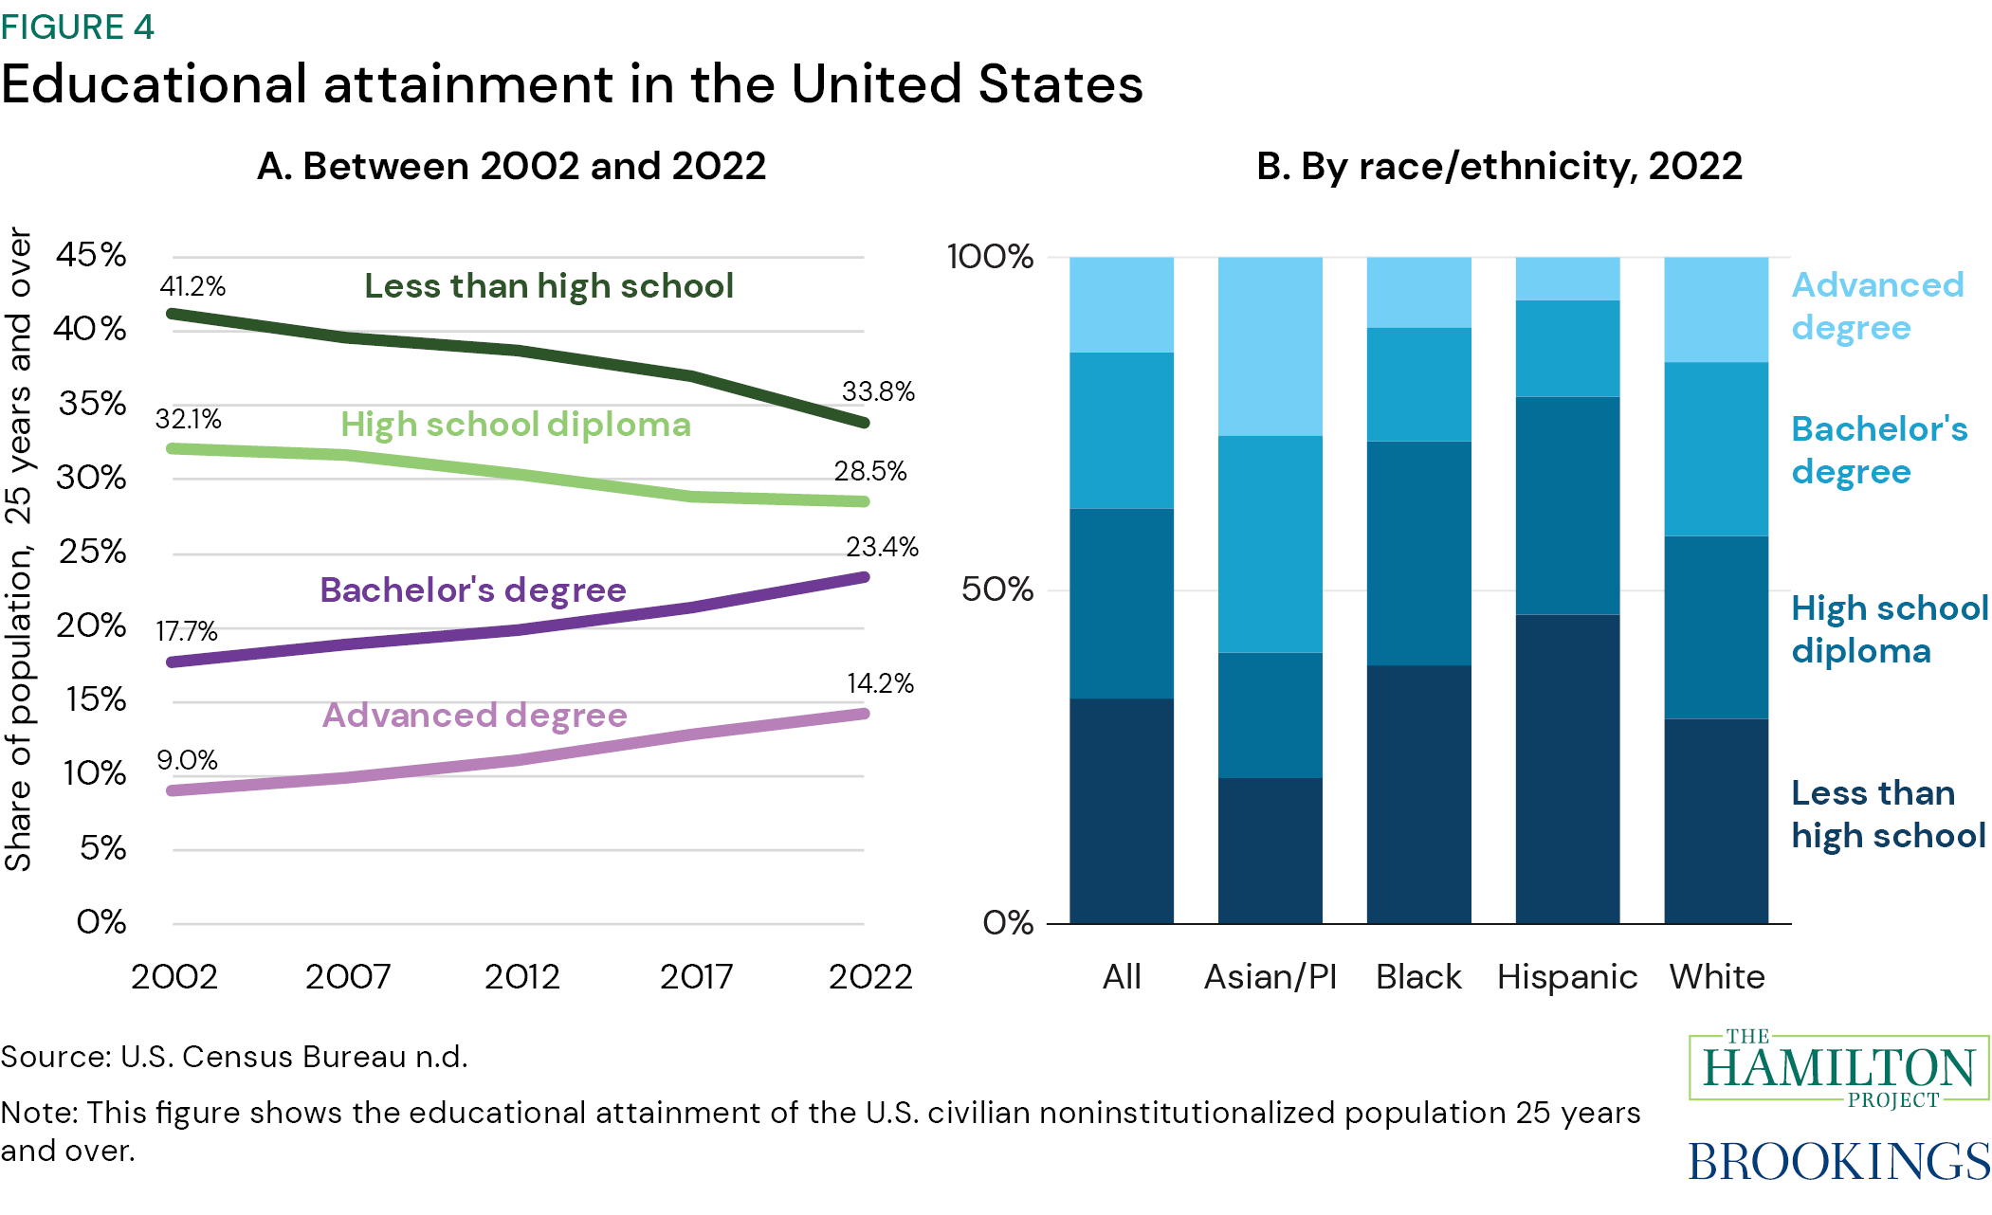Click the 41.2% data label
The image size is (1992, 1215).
(192, 286)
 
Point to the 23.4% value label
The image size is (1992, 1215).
(882, 547)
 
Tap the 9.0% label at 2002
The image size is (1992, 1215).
(187, 760)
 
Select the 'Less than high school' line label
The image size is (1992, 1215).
(549, 286)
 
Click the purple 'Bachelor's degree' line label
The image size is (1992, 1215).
(473, 590)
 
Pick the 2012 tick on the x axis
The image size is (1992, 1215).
(521, 976)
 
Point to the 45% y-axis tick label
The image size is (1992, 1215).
(91, 254)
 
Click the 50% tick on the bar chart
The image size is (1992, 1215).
(996, 589)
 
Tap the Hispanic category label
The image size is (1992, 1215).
(1566, 976)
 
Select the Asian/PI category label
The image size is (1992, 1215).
(1270, 976)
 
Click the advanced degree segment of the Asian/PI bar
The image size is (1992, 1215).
(1270, 346)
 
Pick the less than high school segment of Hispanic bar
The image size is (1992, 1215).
(1567, 768)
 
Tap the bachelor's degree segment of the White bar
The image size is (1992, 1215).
(1716, 449)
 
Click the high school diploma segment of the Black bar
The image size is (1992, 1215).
(1418, 553)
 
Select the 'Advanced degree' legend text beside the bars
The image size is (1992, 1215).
(1876, 306)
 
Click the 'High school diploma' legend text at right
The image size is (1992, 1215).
(1889, 629)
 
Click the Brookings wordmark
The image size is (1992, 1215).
(1838, 1162)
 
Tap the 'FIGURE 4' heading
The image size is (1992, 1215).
(78, 27)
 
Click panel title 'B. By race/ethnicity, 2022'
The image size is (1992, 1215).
(1499, 167)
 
